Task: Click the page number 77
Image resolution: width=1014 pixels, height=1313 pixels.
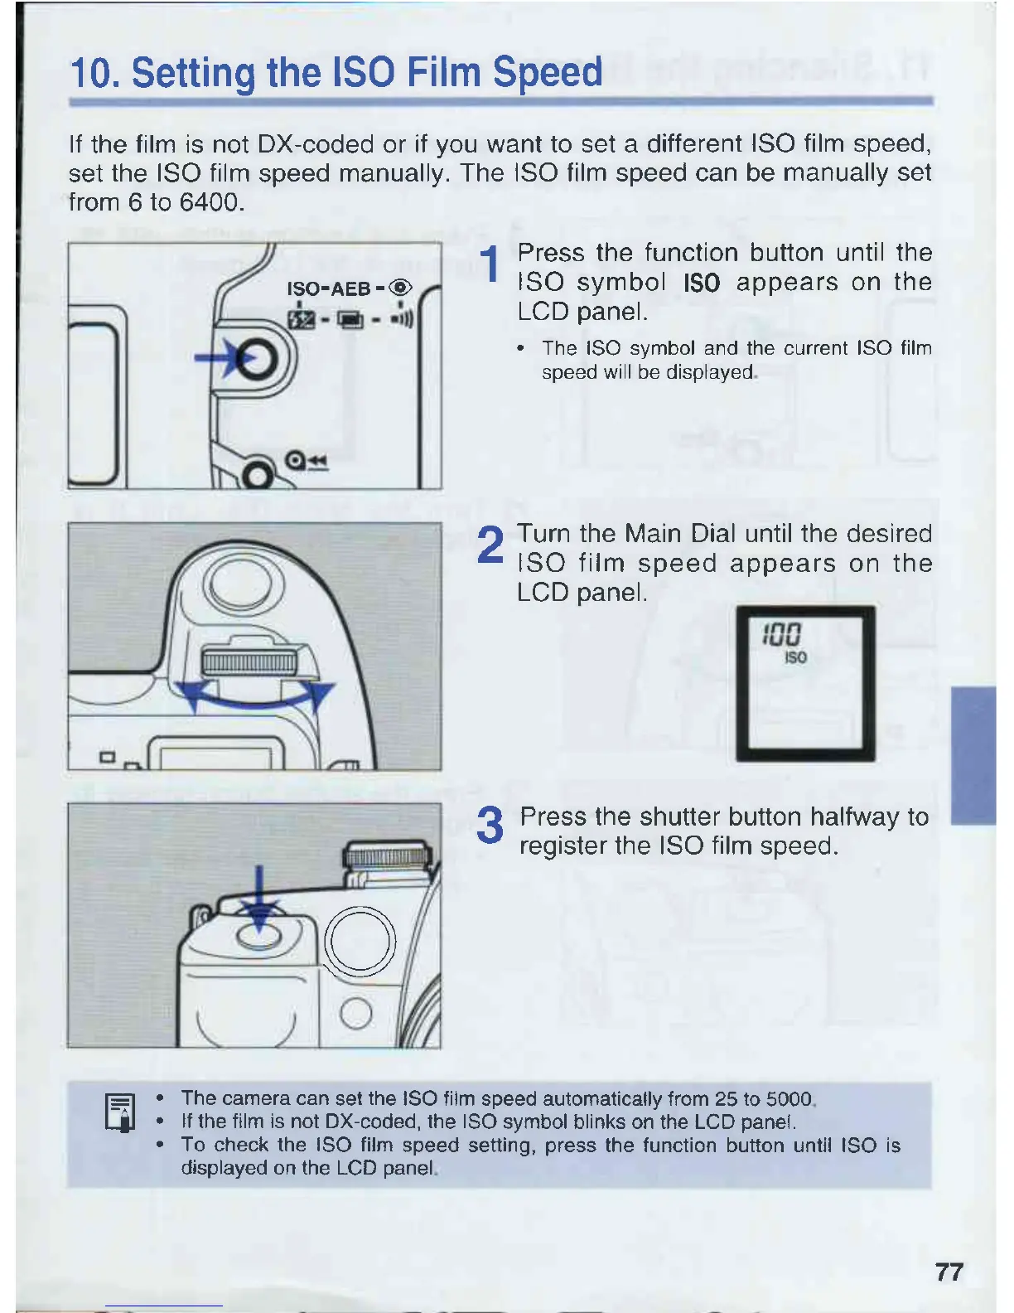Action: coord(949,1272)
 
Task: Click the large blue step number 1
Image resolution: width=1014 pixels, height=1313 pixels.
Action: coord(490,265)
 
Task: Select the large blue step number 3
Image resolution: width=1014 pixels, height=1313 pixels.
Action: coord(490,826)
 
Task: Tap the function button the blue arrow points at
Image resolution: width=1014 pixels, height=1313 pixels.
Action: coord(259,360)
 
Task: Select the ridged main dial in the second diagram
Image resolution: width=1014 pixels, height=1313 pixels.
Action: coord(249,661)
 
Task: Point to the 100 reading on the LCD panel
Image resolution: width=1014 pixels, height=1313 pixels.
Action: coord(781,636)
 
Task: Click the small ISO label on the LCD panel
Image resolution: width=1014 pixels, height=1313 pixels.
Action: coord(794,657)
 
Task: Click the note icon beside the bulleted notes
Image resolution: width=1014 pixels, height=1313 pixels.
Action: coord(121,1112)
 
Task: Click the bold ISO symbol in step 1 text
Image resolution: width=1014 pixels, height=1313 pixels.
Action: coord(702,283)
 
